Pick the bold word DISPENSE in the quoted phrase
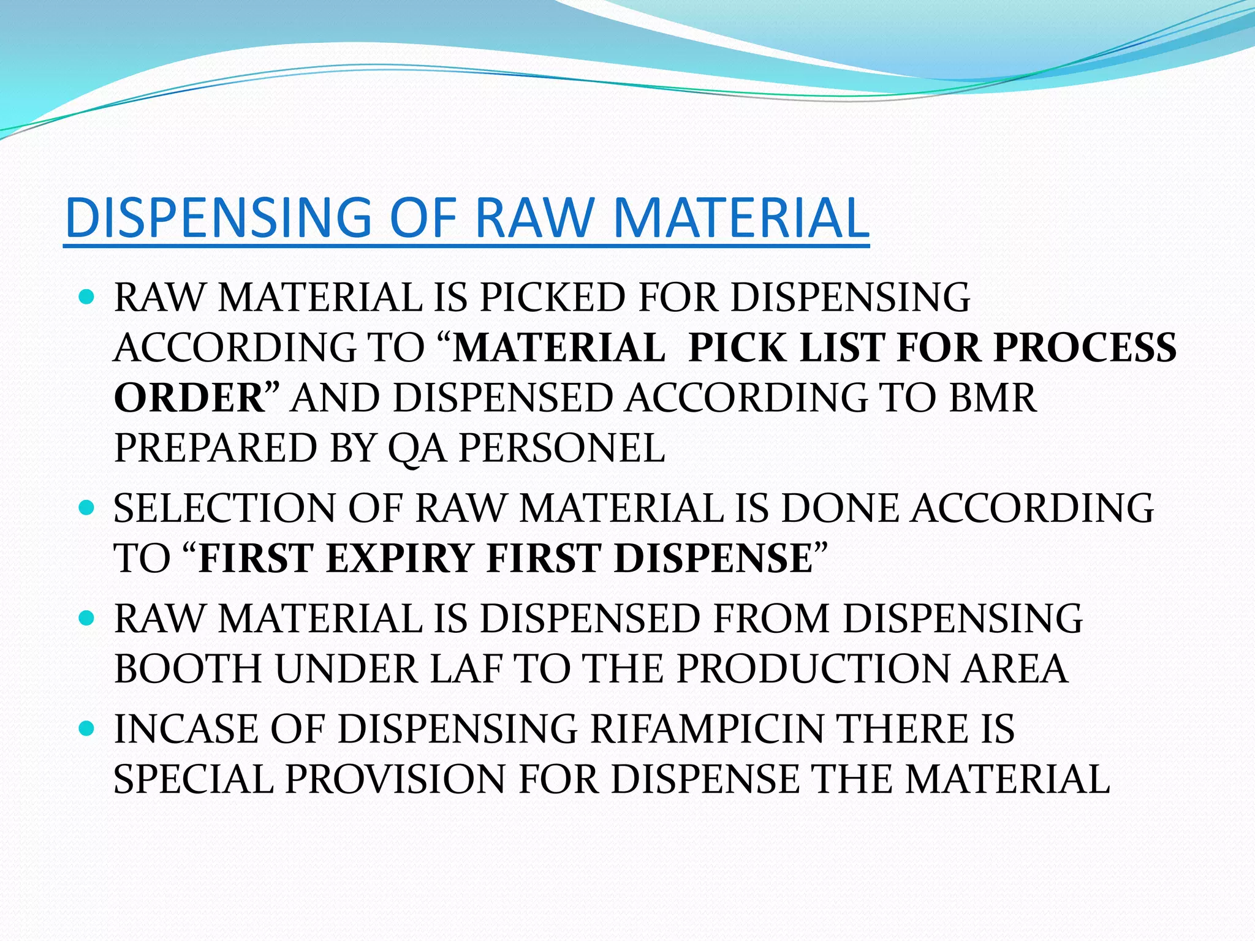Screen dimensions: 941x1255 tap(713, 558)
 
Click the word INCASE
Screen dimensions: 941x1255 tap(186, 728)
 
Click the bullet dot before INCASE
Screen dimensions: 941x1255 tap(87, 728)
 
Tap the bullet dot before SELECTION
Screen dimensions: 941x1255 tap(87, 507)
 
